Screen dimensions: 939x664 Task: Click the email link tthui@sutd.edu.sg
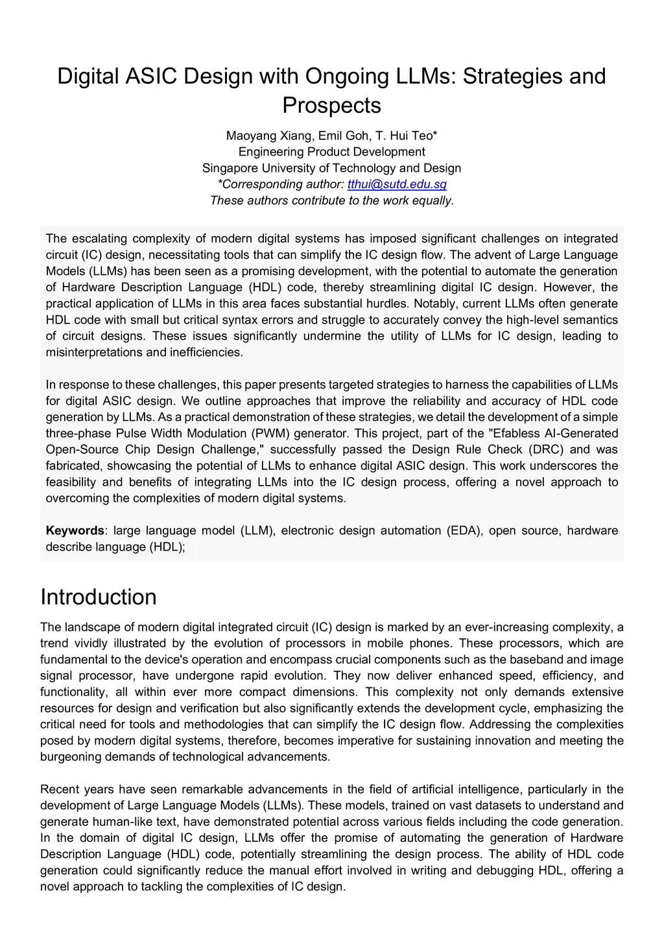(x=397, y=184)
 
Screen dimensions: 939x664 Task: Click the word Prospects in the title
(x=331, y=105)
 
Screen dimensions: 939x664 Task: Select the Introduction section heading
(x=99, y=597)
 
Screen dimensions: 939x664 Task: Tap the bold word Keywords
(x=74, y=530)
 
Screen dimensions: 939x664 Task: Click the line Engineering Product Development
(x=331, y=152)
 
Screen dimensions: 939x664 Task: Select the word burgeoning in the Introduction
(x=71, y=757)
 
